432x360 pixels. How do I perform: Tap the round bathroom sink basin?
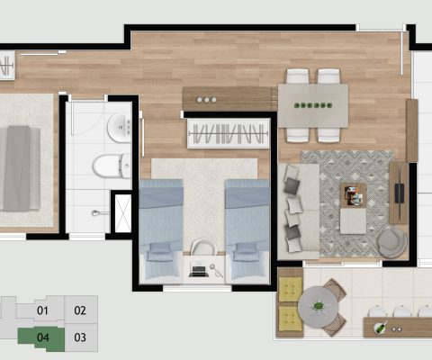pos(118,130)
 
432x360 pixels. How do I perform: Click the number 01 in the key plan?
pos(42,311)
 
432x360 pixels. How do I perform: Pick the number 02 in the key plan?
pos(80,311)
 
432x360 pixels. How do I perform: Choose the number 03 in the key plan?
pos(80,338)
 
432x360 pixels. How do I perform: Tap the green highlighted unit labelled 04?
pos(42,338)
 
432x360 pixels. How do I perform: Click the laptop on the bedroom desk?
pos(199,268)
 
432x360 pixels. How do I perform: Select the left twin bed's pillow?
pos(160,252)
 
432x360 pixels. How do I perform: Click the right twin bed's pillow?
pos(246,253)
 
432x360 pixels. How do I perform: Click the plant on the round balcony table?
pos(317,306)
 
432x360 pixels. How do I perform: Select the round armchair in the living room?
pos(391,241)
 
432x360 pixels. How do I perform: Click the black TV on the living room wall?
pos(400,193)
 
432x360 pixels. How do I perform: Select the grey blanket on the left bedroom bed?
pos(20,166)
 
